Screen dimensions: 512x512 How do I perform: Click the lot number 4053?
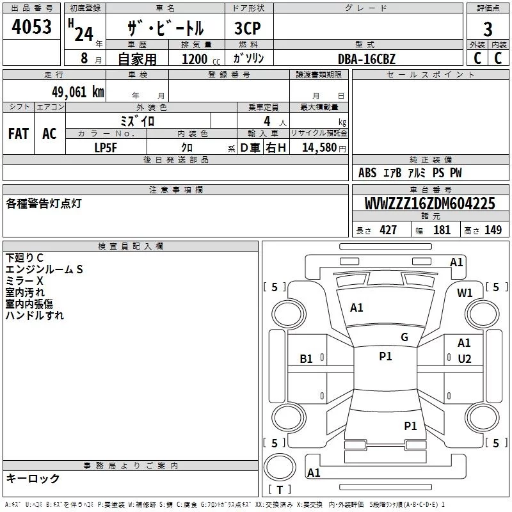[31, 27]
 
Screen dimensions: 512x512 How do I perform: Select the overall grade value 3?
[488, 29]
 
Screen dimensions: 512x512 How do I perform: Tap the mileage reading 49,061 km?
[78, 92]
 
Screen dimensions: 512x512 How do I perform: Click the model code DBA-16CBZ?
[367, 59]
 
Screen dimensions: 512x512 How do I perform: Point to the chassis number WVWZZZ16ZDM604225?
[430, 204]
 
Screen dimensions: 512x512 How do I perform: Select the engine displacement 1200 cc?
[201, 59]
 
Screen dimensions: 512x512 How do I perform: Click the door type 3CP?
[248, 28]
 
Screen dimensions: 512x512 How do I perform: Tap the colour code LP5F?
[106, 148]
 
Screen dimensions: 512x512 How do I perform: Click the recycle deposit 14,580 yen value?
[324, 148]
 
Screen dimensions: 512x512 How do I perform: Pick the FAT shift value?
[19, 134]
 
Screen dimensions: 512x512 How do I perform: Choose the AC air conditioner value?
[49, 134]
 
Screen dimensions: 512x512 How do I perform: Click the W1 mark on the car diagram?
[465, 293]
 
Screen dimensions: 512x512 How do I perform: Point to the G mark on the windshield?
[404, 337]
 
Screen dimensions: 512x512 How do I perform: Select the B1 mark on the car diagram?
[307, 359]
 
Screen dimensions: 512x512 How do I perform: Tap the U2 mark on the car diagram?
[465, 359]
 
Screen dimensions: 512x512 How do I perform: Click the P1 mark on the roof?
[385, 356]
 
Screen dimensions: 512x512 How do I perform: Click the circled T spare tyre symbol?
[280, 468]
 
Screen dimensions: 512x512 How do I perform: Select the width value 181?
[442, 230]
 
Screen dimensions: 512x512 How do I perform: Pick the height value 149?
[493, 230]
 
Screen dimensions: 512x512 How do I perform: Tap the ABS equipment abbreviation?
[367, 173]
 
